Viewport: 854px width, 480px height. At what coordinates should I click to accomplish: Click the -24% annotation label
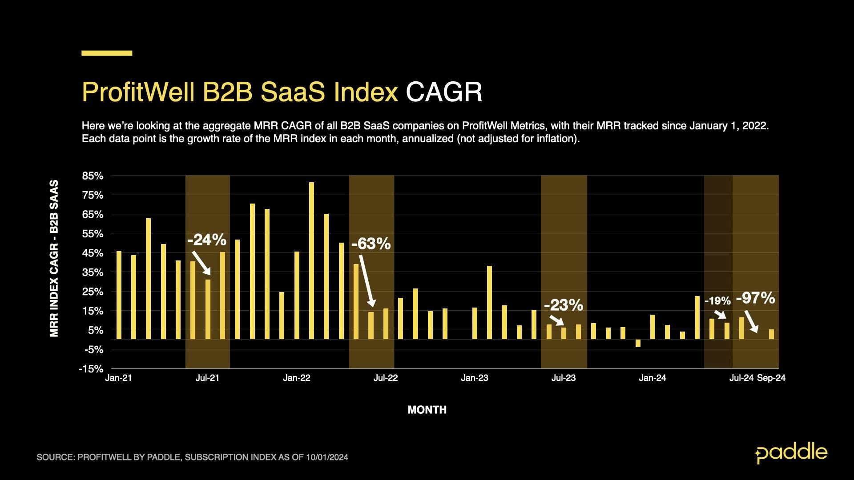207,240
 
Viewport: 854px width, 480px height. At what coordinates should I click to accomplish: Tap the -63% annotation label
371,244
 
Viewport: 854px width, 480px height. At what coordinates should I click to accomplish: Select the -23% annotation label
563,305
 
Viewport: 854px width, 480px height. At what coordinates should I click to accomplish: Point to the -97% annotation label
755,298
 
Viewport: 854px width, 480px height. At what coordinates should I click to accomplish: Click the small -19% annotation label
717,301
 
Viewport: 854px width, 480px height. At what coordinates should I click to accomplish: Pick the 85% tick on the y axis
93,176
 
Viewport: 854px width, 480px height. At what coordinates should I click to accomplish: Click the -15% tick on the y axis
91,369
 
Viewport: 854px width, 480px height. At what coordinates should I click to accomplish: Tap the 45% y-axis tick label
93,253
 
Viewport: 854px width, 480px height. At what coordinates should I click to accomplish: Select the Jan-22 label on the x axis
297,378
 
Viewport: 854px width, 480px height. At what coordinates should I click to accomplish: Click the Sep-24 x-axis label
771,378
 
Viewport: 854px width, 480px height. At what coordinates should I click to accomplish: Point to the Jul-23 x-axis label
564,378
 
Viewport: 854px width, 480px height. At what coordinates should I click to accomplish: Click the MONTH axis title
427,410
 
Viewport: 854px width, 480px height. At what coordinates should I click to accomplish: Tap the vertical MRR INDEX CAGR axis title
54,258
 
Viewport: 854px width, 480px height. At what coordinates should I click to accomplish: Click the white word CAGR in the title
443,92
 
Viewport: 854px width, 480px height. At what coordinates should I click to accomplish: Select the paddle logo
791,453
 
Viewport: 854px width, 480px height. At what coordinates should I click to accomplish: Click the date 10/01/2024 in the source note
327,457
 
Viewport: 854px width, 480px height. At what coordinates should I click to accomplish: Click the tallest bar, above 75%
311,260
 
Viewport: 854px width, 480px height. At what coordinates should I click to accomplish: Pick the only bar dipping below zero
638,343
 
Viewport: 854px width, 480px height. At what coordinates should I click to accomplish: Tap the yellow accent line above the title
107,53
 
